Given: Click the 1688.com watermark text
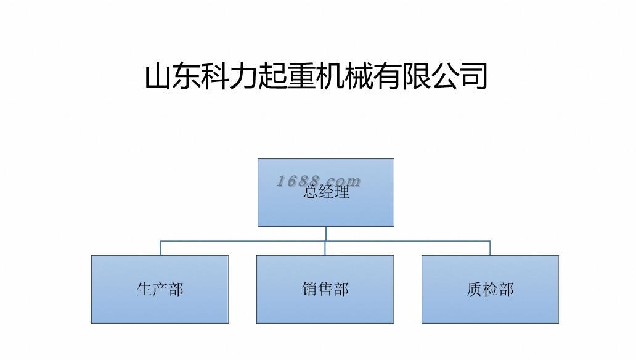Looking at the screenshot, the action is point(318,181).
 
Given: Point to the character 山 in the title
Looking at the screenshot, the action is point(158,76).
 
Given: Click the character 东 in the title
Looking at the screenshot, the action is point(187,76).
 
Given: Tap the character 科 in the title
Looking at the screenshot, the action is point(215,76).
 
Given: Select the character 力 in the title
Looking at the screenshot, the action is point(244,76).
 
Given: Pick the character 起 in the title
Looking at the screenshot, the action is point(272,76).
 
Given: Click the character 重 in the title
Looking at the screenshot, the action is point(301,76).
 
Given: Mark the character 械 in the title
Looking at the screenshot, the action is point(359,76).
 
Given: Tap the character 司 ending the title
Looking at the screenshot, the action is point(473,76).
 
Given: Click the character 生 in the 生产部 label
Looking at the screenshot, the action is point(144,289).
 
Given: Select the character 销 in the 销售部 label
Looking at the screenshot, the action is point(309,289).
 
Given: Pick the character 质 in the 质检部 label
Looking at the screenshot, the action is point(475,289).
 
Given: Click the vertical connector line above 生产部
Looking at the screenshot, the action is point(160,248).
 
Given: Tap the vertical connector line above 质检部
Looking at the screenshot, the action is point(490,248).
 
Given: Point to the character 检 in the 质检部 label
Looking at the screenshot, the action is point(491,289).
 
